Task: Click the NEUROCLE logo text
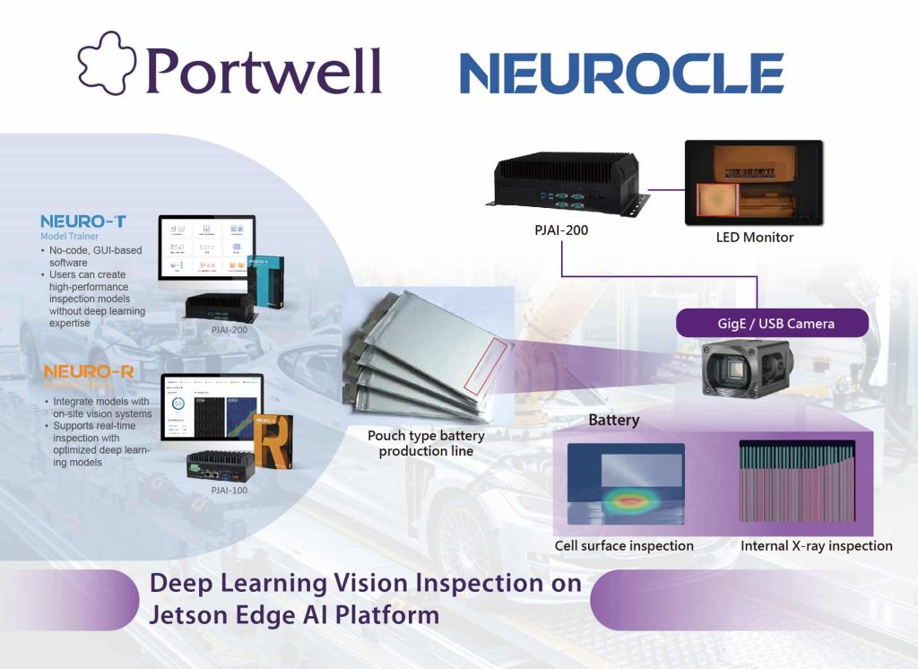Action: click(621, 73)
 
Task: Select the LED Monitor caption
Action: click(756, 237)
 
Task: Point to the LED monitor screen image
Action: click(754, 183)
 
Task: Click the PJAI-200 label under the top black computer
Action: click(560, 230)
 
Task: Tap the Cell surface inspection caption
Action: click(624, 545)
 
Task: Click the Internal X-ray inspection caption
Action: click(816, 545)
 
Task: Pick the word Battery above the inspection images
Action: click(613, 420)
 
